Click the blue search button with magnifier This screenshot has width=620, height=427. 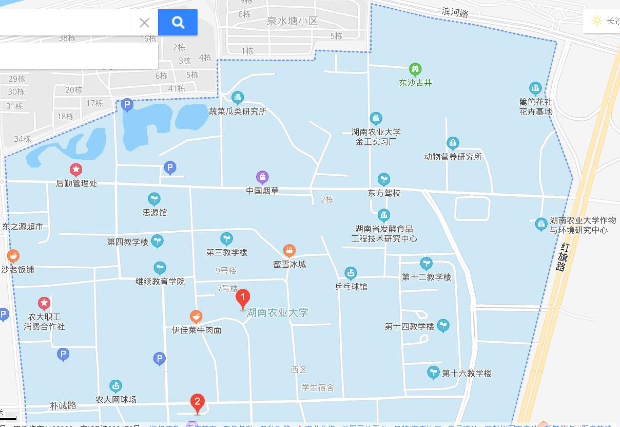pos(178,22)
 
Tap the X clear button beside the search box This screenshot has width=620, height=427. pos(144,23)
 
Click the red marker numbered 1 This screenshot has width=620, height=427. pos(243,299)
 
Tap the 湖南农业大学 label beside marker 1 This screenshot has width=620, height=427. pos(278,312)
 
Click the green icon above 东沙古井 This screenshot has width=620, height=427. pos(415,69)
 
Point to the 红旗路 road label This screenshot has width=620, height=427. pos(563,257)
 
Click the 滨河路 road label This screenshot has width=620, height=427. pos(455,12)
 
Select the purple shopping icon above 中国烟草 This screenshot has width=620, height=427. pos(262,178)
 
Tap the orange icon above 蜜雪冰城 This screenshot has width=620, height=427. pos(289,251)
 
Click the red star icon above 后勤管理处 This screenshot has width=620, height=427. pos(76,170)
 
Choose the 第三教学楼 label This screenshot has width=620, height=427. pos(227,252)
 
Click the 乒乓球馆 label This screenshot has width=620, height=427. pos(351,287)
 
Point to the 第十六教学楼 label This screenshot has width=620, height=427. pos(467,374)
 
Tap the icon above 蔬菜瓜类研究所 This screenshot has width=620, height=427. pos(237,97)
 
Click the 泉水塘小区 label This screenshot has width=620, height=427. pos(293,22)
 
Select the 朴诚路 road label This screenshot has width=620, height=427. pos(63,405)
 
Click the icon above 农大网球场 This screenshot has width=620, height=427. pos(116,386)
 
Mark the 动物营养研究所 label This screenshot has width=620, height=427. pos(453,157)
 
